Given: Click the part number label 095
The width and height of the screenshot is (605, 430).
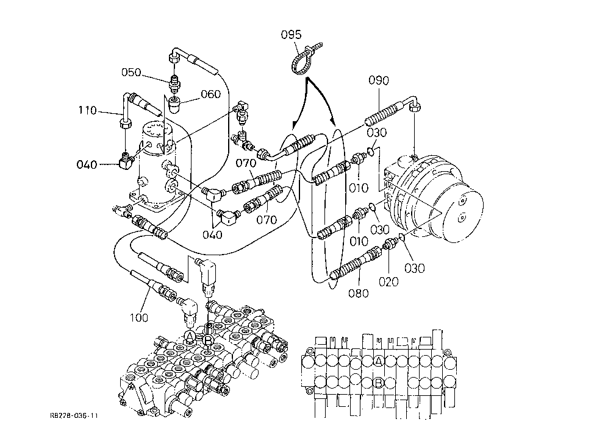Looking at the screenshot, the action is click(291, 35).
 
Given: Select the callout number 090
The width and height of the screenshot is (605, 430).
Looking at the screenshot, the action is click(379, 80).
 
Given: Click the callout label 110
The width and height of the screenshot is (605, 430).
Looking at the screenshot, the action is click(88, 110).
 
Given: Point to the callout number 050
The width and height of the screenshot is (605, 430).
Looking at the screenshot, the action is click(131, 72).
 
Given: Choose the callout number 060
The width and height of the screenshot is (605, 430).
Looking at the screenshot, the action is click(210, 94).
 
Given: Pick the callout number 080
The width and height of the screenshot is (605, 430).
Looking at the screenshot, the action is click(359, 293).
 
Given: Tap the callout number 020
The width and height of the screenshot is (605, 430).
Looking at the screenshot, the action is click(388, 281).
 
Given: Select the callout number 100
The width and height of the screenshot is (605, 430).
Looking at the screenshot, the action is click(138, 317).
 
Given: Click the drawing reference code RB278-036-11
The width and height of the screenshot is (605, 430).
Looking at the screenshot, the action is click(74, 415).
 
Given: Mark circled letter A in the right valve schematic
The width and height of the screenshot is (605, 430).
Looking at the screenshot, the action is click(379, 361).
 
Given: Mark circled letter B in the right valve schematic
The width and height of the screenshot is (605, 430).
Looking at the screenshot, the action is click(379, 383).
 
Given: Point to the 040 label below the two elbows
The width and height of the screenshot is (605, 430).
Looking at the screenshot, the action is click(212, 234).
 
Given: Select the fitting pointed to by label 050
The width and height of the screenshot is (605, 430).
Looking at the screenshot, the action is click(175, 83).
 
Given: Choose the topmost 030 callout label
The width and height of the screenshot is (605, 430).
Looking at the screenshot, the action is click(376, 132).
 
